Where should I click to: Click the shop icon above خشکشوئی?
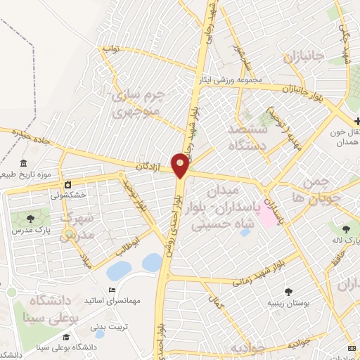click(67, 184)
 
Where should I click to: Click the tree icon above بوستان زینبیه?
click(288, 292)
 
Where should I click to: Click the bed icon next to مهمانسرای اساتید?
click(110, 290)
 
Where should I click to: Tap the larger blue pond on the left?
click(118, 269)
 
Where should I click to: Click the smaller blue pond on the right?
click(151, 262)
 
